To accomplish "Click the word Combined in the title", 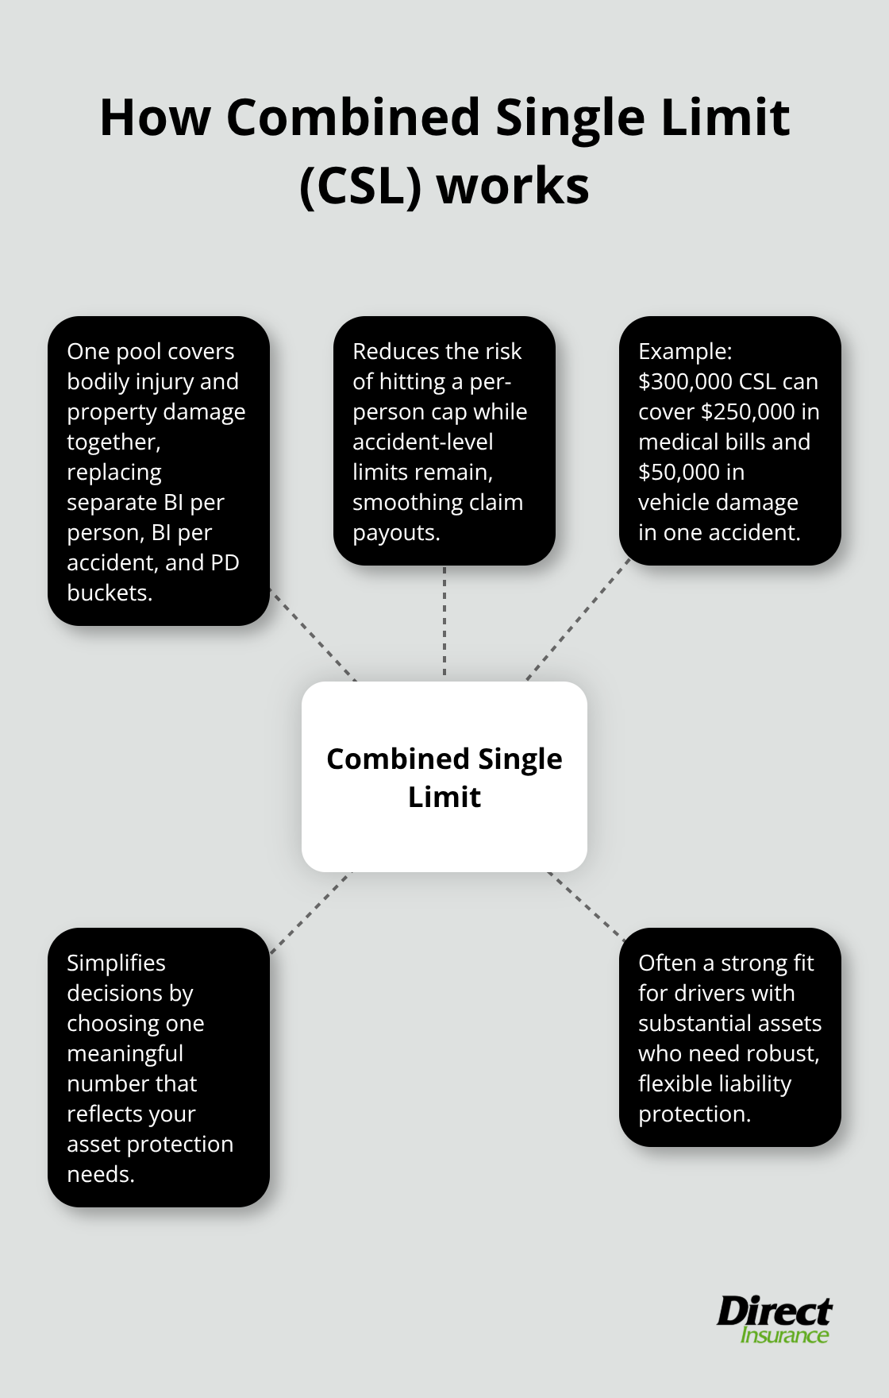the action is pyautogui.click(x=353, y=118).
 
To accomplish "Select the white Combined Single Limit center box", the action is pyautogui.click(x=444, y=777).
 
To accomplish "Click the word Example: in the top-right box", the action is pyautogui.click(x=685, y=352).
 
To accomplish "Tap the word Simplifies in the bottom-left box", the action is pyautogui.click(x=116, y=964).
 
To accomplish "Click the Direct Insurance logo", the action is pyautogui.click(x=775, y=1319).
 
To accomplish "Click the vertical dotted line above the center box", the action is pyautogui.click(x=444, y=624).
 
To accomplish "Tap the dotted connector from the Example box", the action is pyautogui.click(x=578, y=620).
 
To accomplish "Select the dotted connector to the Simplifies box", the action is pyautogui.click(x=310, y=913).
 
